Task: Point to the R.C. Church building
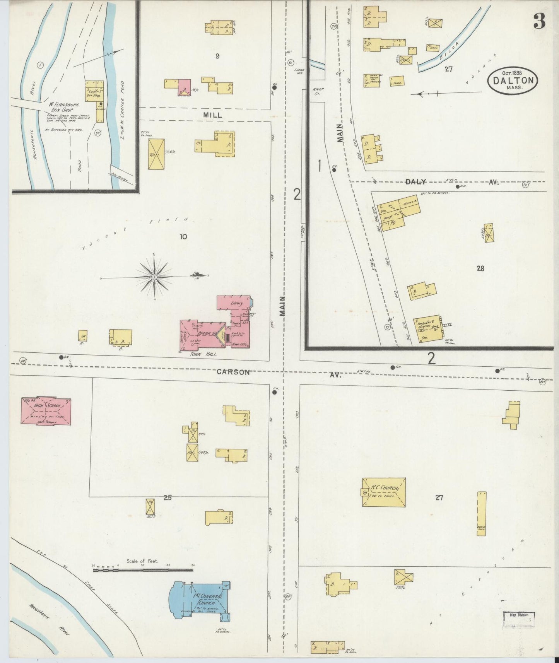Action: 384,492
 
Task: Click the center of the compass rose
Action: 154,277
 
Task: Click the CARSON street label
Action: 233,372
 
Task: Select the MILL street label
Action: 213,115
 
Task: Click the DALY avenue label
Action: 415,182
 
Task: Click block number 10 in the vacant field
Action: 183,236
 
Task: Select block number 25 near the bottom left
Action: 167,498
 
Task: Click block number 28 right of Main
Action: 480,268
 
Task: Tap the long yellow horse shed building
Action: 481,514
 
